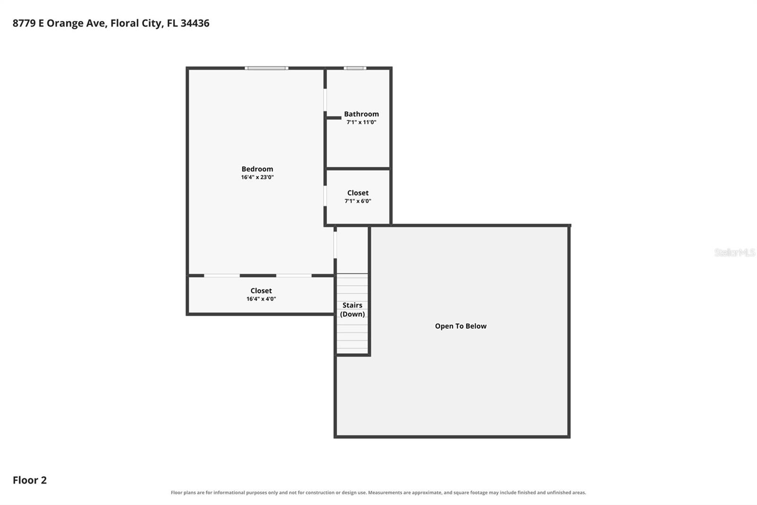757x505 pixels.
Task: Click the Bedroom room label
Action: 257,169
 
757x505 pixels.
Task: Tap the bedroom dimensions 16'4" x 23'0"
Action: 257,177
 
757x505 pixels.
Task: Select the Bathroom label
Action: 361,114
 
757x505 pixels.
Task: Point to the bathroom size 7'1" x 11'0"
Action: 361,122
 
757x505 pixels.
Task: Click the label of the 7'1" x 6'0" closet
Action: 358,193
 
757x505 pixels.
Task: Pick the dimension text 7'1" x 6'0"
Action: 358,201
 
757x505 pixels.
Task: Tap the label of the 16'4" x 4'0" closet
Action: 261,291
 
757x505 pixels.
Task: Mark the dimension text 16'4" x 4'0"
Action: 261,299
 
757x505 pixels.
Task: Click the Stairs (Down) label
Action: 352,310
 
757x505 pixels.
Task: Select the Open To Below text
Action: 461,326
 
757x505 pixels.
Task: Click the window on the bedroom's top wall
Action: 267,68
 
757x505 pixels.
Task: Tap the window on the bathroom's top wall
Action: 355,68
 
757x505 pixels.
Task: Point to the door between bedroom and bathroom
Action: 325,100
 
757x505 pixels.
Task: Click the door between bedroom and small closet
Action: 325,196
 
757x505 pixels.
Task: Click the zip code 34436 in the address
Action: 195,23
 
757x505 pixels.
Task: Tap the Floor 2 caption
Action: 30,480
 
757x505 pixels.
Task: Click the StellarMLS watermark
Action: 735,252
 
